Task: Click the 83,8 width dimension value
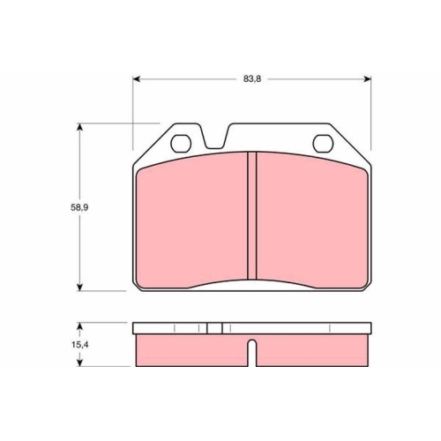252,79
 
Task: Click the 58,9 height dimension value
79,207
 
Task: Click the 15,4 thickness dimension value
79,345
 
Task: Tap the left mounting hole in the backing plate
181,144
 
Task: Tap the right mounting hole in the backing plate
323,144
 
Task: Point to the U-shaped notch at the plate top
215,138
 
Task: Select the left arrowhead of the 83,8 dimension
137,78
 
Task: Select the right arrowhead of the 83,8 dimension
367,78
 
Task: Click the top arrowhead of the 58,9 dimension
79,128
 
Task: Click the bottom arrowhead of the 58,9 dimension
79,287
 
